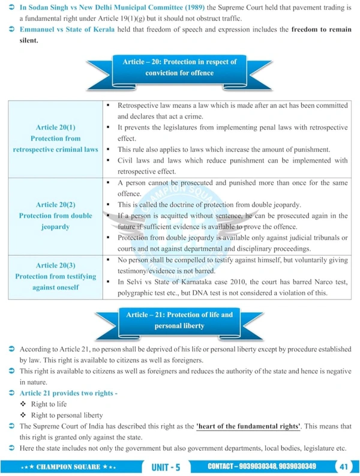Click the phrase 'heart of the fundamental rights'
(249, 426)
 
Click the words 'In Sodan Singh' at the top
(41, 7)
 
